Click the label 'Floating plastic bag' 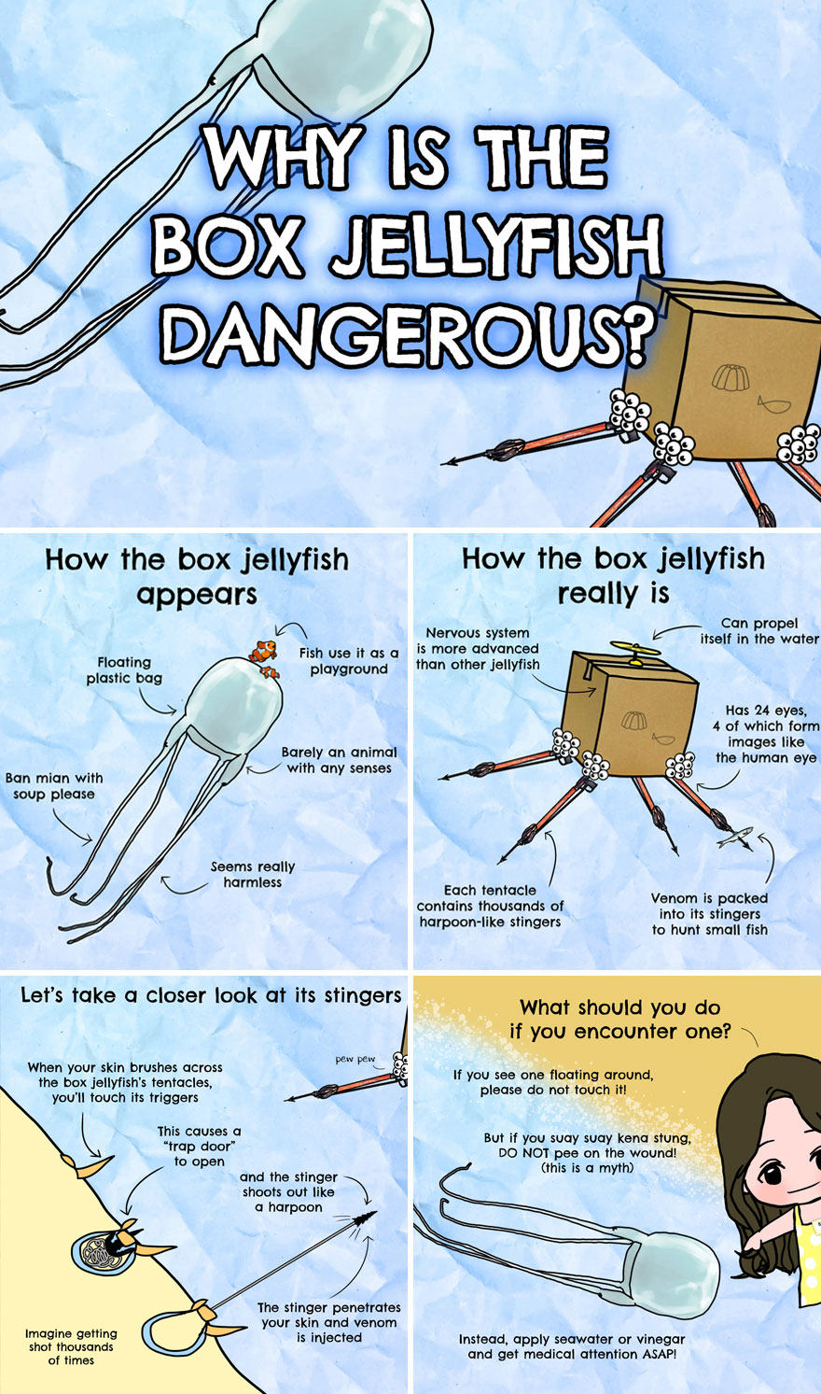click(x=124, y=670)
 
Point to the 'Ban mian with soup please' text click(x=54, y=786)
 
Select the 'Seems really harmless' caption click(x=252, y=874)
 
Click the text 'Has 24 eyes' click(x=766, y=711)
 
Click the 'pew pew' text click(x=355, y=1060)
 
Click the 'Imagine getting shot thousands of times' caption click(x=71, y=1346)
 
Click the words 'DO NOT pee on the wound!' click(x=588, y=1153)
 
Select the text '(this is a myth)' click(x=587, y=1168)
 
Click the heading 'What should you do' click(x=620, y=1007)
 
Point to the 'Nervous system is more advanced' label click(x=478, y=648)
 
